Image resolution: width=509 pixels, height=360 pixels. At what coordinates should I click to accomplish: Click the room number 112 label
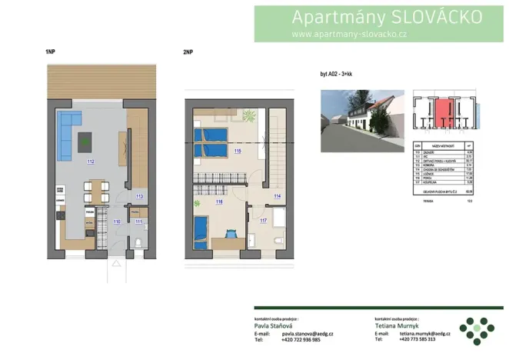pos(91,162)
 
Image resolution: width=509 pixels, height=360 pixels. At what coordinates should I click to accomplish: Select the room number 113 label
pos(139,197)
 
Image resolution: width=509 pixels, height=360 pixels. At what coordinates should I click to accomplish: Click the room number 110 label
pos(117,222)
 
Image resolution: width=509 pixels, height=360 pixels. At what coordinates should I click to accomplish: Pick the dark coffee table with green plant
pos(85,140)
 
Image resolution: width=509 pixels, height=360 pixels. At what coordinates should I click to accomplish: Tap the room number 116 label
pos(219,202)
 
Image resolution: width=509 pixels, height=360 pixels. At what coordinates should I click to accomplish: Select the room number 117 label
pos(264,222)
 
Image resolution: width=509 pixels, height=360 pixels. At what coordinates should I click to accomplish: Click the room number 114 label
pos(277,197)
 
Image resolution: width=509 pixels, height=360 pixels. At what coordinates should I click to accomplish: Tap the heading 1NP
pos(50,52)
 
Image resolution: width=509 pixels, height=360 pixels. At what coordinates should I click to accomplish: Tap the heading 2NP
pos(188,52)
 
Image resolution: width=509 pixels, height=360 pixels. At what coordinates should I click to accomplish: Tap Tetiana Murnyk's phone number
pos(418,339)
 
